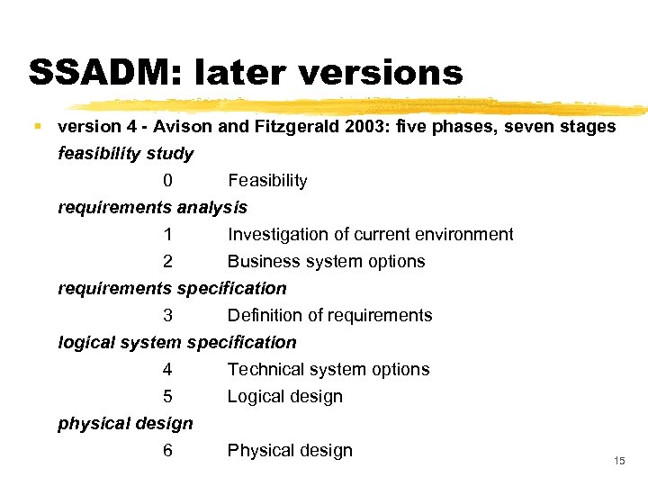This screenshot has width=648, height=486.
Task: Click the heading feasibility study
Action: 125,154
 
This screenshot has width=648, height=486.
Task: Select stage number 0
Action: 168,181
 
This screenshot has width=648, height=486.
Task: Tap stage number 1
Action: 168,235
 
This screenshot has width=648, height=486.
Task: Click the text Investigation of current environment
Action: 370,235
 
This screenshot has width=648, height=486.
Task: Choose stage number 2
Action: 168,262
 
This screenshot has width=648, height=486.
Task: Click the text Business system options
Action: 326,262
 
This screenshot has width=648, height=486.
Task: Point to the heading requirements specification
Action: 172,289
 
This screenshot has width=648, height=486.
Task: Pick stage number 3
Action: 168,316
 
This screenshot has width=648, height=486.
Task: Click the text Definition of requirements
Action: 329,316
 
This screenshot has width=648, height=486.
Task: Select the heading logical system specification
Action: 176,343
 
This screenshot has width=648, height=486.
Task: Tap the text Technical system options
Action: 328,370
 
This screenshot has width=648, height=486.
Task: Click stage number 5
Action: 168,397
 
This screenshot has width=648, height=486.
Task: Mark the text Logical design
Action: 284,397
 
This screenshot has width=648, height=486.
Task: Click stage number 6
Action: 168,451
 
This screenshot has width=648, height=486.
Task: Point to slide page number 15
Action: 618,461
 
